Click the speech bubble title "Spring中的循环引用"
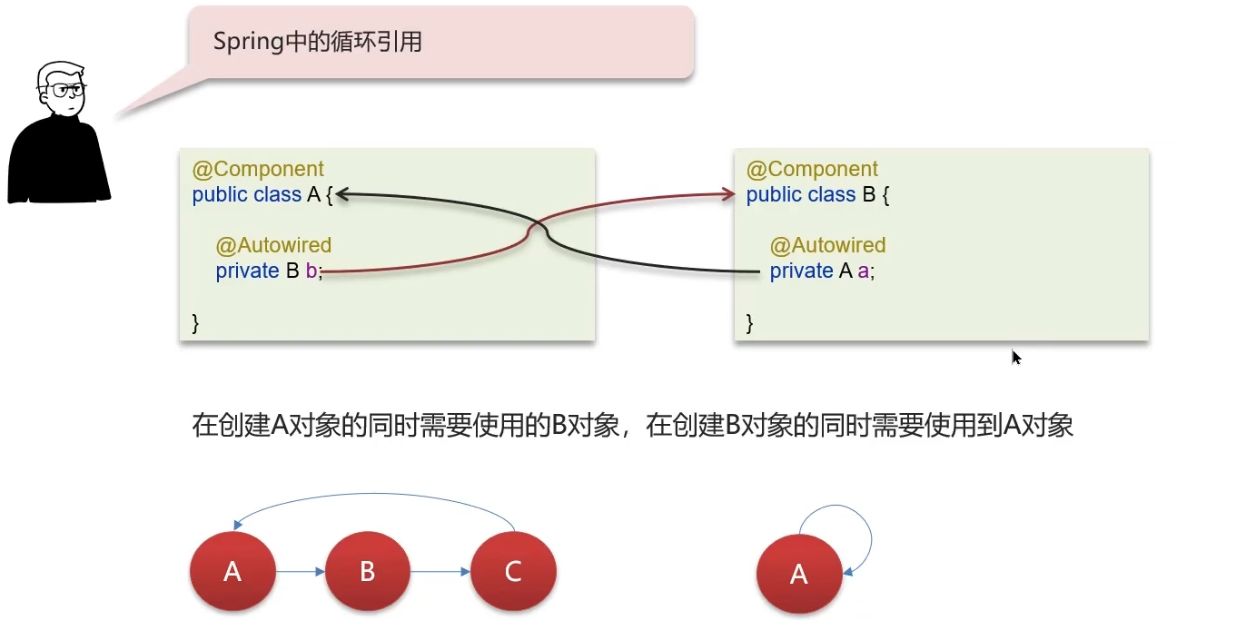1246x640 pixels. click(317, 42)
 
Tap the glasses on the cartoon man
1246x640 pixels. click(67, 90)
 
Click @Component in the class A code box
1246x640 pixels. click(258, 170)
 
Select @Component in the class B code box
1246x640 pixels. click(812, 170)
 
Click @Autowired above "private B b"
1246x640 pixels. click(273, 245)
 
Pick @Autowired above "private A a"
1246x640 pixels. click(827, 245)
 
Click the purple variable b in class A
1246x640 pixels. click(311, 271)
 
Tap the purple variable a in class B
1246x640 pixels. click(865, 271)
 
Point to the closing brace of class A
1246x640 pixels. click(195, 322)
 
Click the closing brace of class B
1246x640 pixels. click(749, 322)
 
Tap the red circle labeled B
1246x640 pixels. click(367, 571)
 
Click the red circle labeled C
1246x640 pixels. click(513, 571)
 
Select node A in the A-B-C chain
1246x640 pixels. click(232, 571)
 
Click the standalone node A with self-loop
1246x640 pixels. click(799, 574)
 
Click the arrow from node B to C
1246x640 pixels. click(440, 572)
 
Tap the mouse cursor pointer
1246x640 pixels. click(1016, 358)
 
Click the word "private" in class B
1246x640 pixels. click(801, 271)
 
